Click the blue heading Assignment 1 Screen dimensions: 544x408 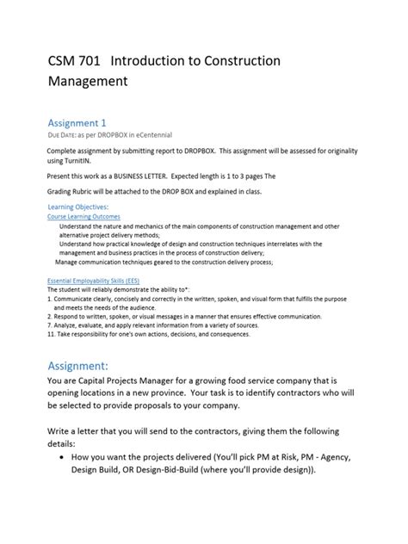tap(82, 122)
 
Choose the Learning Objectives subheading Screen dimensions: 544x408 tap(78, 207)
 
